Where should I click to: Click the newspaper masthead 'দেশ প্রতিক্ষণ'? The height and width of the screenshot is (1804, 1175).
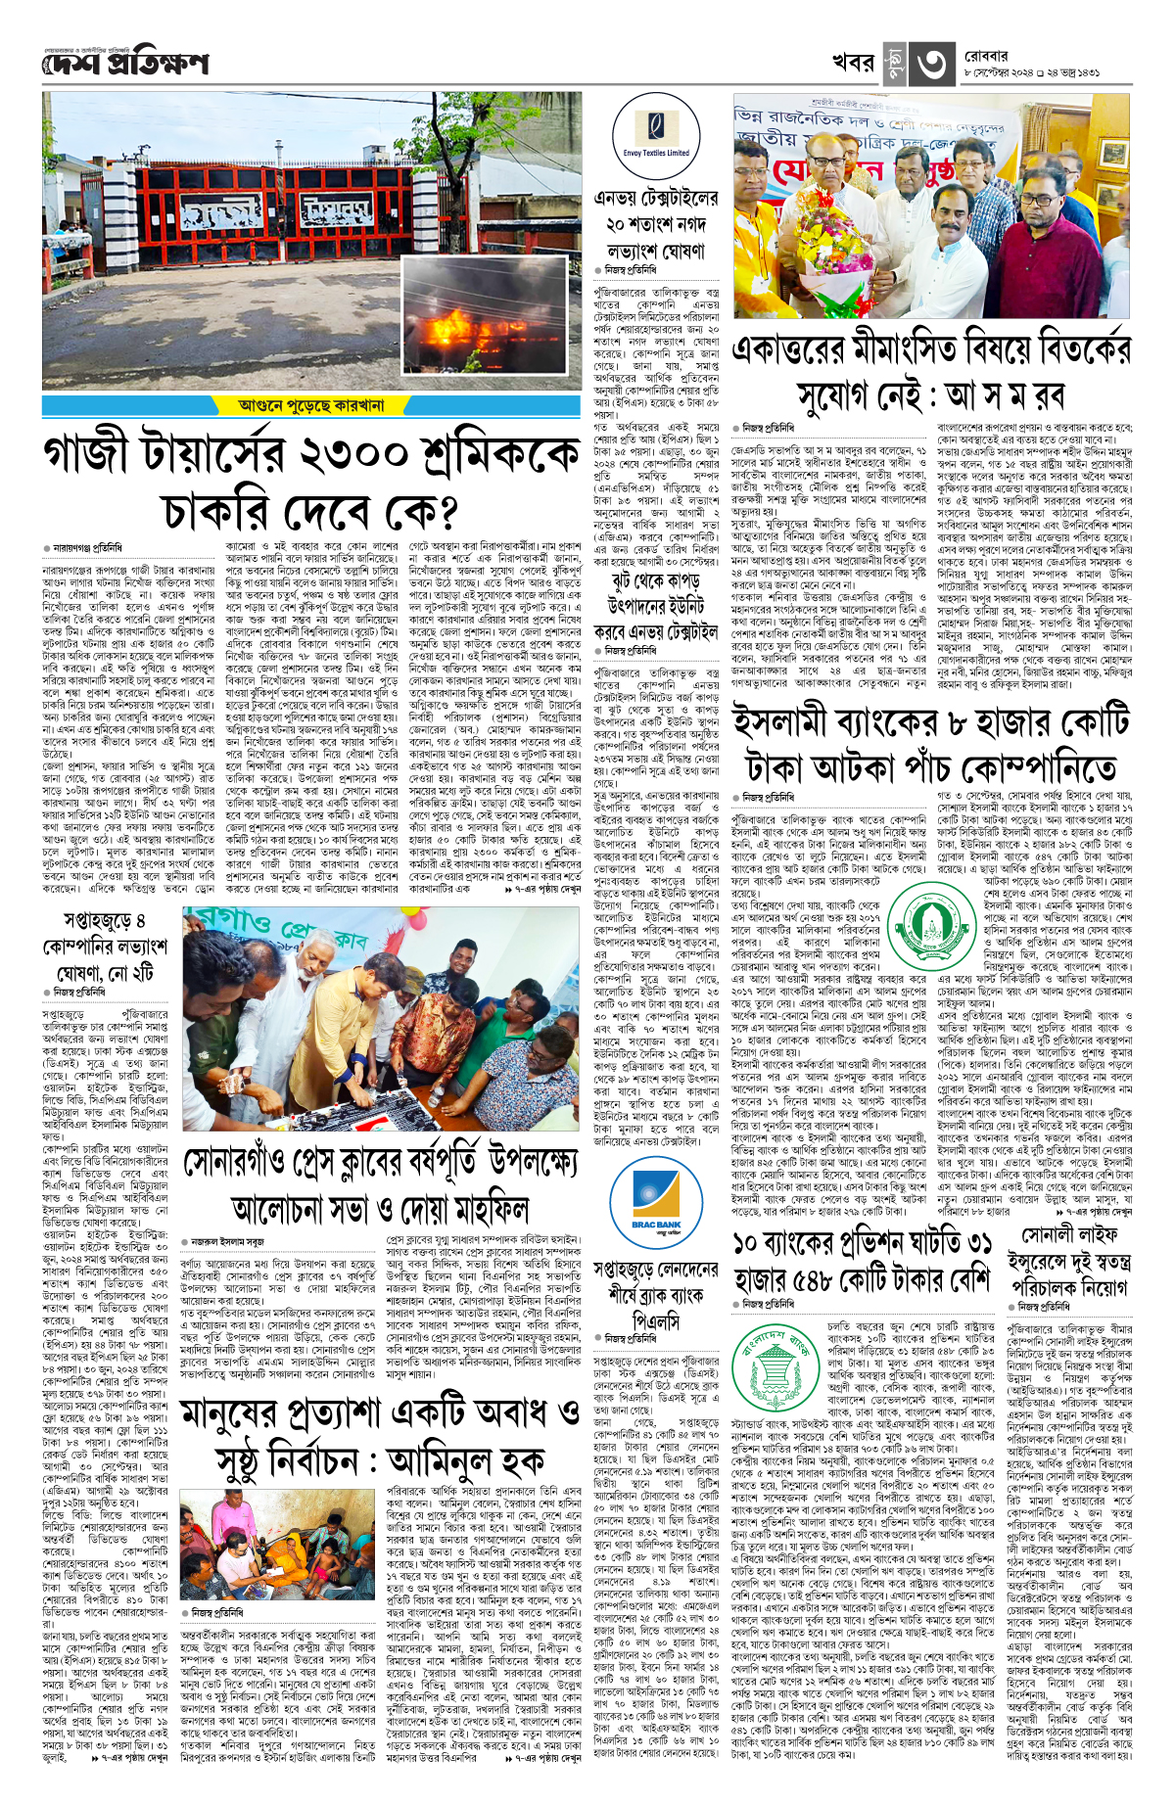point(125,65)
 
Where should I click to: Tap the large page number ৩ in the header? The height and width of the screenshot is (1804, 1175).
point(931,64)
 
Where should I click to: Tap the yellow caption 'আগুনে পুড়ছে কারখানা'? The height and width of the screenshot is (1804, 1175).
point(311,404)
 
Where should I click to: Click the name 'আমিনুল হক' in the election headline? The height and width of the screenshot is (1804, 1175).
point(465,1462)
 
